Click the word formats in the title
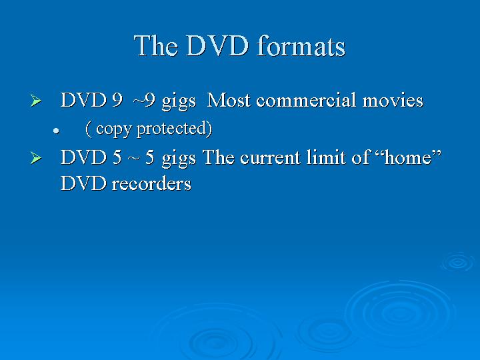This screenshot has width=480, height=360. click(301, 46)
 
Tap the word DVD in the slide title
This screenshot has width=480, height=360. click(217, 46)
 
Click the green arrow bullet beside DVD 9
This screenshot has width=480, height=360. click(36, 101)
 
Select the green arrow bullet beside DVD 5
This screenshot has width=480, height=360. click(36, 158)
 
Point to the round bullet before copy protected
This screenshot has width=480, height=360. click(56, 131)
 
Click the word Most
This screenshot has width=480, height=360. click(229, 100)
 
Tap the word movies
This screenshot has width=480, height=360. click(393, 100)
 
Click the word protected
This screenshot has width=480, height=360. click(173, 129)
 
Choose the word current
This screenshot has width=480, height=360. click(270, 158)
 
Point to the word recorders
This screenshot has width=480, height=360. click(151, 184)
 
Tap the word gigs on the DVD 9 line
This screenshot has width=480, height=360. click(179, 101)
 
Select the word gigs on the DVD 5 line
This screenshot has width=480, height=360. click(179, 159)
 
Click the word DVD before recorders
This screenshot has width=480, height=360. click(83, 184)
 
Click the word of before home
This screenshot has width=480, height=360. click(361, 157)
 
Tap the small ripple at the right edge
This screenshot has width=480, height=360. click(458, 262)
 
